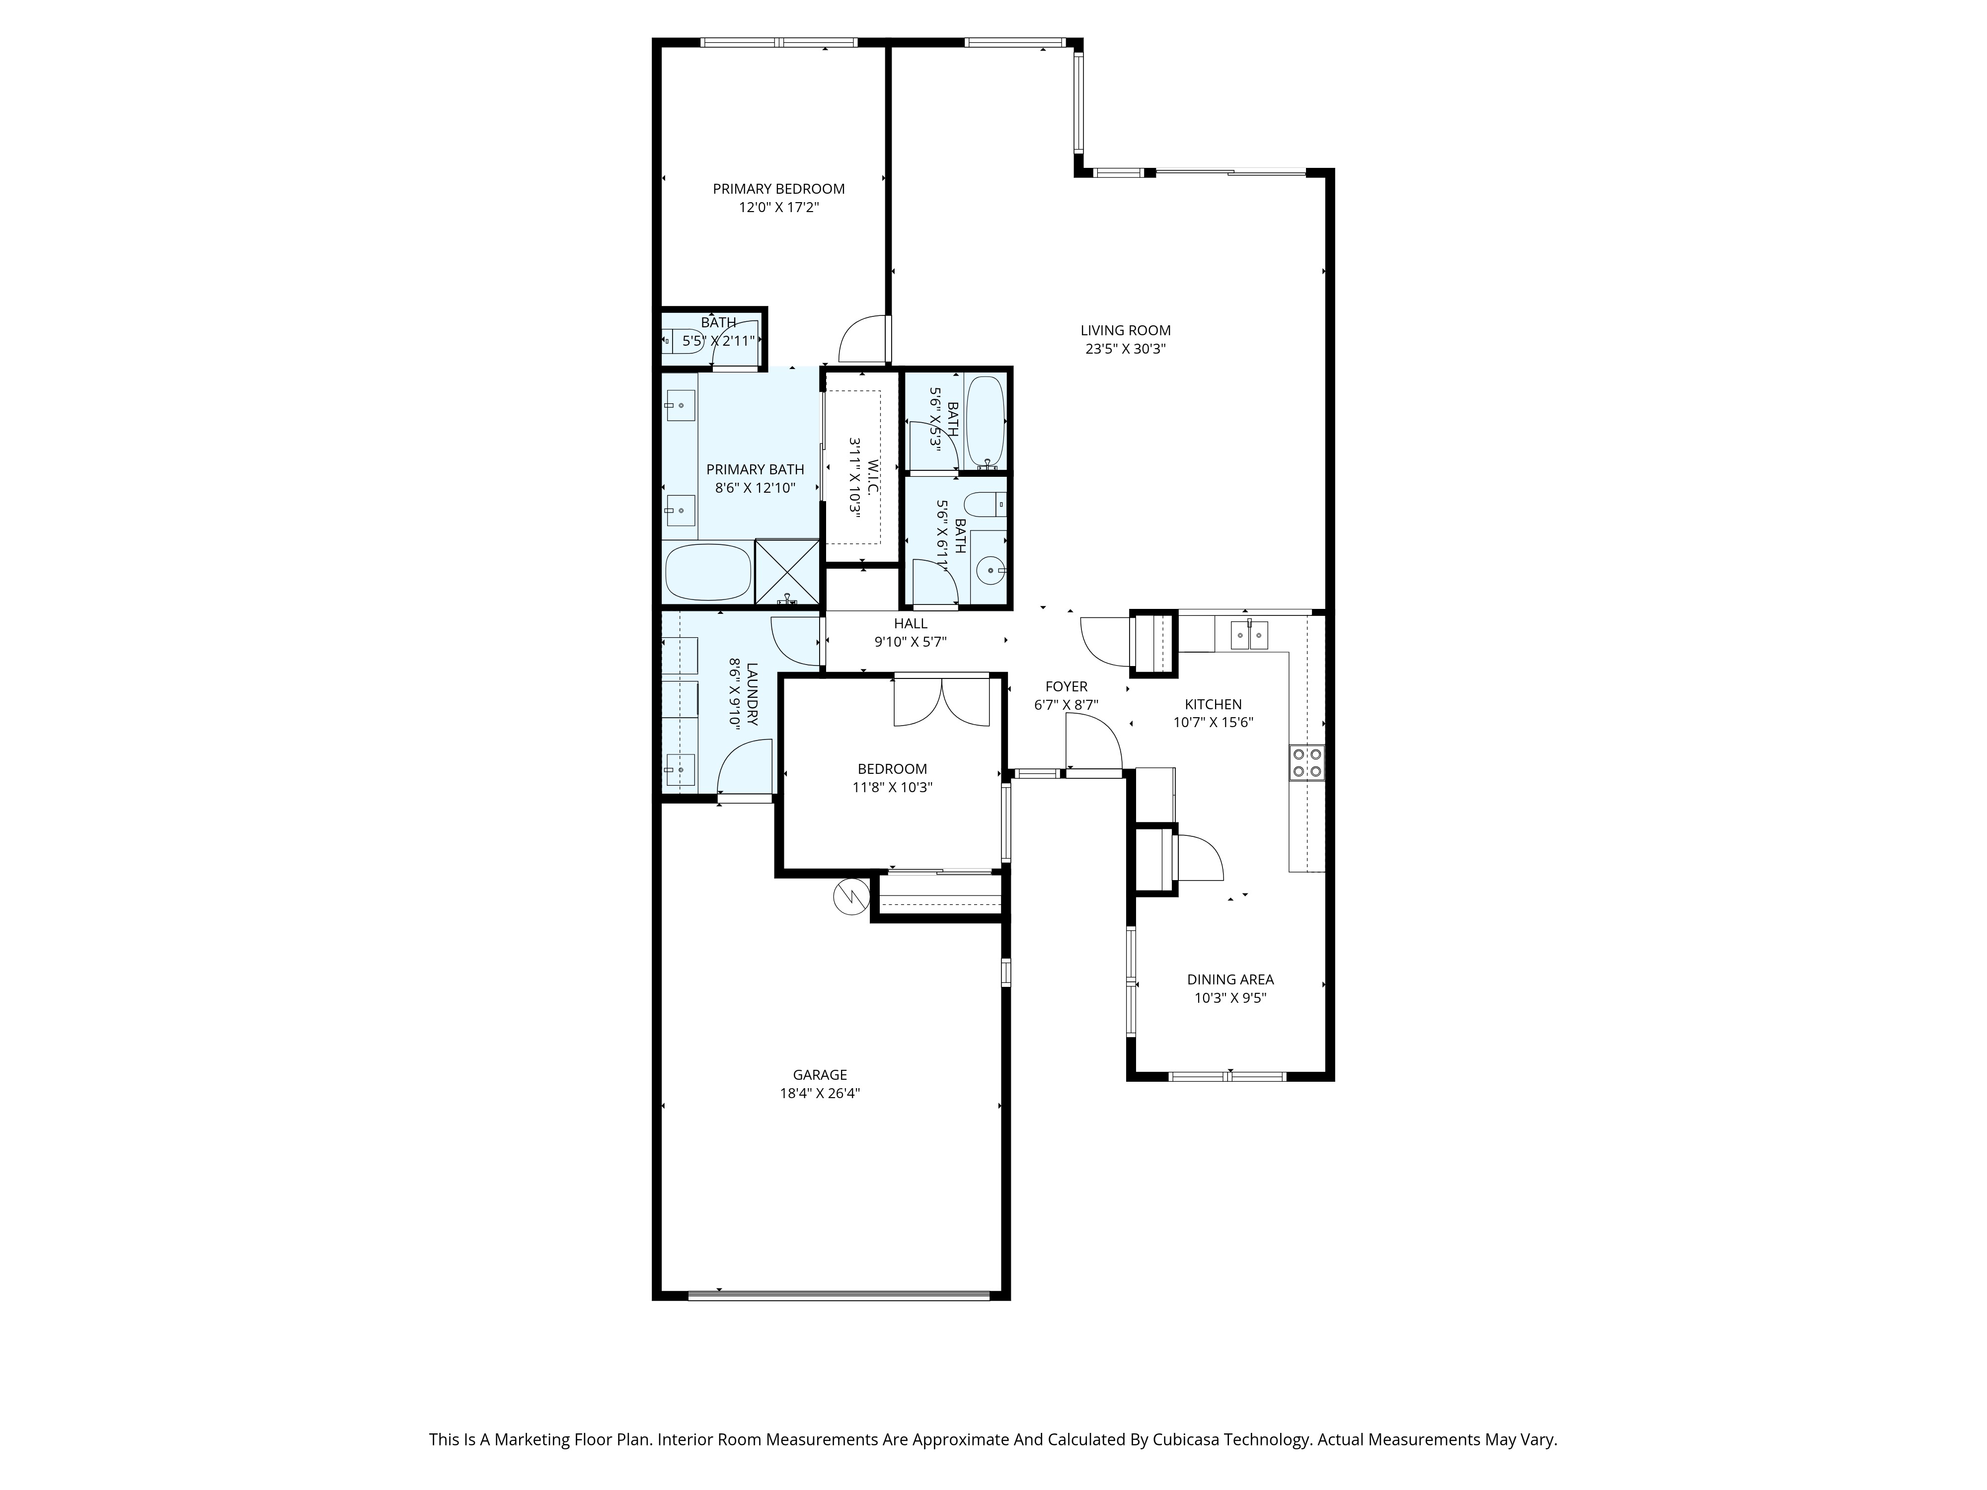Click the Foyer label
[x=1066, y=686]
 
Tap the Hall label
[x=910, y=623]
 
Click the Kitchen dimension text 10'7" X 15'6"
[x=1213, y=722]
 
